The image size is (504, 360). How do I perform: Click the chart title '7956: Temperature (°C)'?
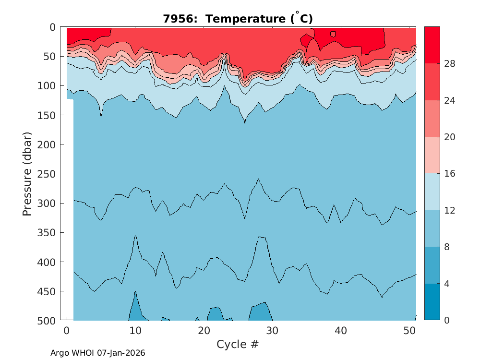[x=238, y=19]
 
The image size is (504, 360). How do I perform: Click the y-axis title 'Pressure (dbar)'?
[x=27, y=174]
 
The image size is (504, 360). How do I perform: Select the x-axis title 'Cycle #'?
[x=238, y=344]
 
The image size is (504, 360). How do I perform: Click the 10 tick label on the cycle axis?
[x=135, y=331]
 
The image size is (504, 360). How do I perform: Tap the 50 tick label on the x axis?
[x=409, y=331]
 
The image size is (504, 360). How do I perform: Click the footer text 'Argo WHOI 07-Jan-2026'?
[x=98, y=353]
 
